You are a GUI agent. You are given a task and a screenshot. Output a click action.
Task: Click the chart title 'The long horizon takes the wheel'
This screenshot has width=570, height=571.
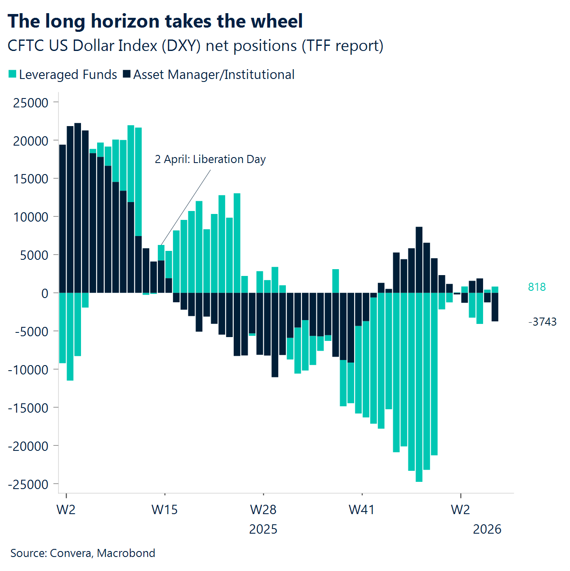155,21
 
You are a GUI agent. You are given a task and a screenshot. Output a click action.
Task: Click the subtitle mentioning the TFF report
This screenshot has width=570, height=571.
195,46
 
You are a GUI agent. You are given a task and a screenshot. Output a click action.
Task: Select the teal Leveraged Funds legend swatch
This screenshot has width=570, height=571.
13,75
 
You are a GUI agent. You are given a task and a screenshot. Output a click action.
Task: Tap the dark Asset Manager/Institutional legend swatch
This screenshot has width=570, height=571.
126,74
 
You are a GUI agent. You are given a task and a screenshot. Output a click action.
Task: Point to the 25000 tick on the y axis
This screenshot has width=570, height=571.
31,103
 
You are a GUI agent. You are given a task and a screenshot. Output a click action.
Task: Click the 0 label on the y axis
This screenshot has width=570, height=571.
45,293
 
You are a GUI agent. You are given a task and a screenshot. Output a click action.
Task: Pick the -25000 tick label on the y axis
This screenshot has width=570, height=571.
28,484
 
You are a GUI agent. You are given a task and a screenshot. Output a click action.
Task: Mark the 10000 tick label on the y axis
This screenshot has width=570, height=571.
31,217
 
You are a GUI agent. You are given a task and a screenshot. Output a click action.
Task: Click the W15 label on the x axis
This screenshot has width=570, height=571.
165,509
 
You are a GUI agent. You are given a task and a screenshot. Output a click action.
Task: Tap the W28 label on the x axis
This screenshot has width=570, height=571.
263,509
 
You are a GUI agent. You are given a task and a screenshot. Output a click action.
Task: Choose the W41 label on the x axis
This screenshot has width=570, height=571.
361,509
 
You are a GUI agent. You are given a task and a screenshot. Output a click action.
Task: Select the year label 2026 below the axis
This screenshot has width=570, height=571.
487,529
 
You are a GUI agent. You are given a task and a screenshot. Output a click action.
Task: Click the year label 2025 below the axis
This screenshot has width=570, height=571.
263,529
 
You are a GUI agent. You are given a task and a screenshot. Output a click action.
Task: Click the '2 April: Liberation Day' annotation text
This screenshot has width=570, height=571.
210,159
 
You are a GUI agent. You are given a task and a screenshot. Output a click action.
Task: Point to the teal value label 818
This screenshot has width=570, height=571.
536,287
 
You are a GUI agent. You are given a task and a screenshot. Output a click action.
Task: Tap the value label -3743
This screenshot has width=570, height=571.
542,322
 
